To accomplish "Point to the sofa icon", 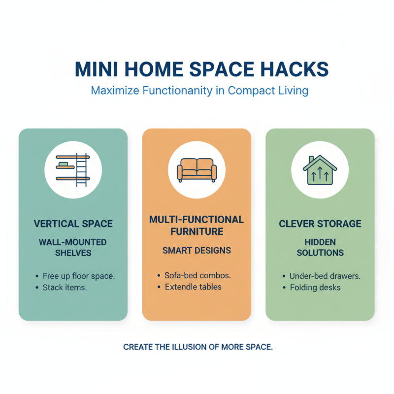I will point(197,170).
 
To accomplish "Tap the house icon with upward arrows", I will point(320,170).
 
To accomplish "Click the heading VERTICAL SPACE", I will point(73,224).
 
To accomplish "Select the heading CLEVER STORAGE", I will point(320,224).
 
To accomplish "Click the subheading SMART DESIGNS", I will point(197,251).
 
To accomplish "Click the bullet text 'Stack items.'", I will point(65,287).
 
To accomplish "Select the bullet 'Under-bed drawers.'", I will point(325,276).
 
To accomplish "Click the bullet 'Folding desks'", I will point(315,287).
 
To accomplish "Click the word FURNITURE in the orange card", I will point(197,231).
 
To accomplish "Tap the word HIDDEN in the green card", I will point(320,242).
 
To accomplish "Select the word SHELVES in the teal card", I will point(73,253).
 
